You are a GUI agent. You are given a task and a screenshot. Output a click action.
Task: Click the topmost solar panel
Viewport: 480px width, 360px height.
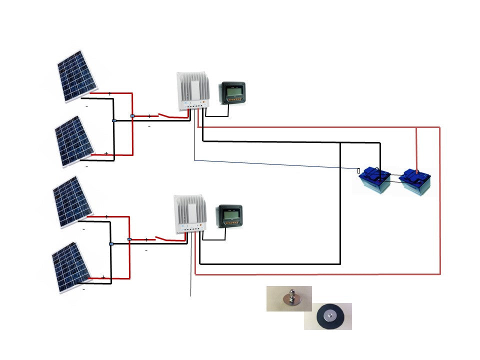79,76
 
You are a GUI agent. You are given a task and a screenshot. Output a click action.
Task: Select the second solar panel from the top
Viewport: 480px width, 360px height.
76,141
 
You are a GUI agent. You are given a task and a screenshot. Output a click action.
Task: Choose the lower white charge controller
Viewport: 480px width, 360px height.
189,214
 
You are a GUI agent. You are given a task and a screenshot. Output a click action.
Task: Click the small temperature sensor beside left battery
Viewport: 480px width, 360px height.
358,170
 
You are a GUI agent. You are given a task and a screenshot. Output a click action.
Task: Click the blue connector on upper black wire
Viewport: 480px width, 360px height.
114,121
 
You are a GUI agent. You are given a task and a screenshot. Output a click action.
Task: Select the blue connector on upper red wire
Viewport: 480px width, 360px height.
132,116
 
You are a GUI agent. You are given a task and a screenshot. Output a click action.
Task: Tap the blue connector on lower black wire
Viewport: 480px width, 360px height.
111,244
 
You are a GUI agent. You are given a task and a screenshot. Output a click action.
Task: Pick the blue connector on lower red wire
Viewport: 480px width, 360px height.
129,239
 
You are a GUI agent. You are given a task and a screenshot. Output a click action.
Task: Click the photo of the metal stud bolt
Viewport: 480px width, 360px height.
289,298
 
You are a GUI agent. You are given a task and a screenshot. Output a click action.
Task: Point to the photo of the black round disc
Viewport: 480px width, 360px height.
327,316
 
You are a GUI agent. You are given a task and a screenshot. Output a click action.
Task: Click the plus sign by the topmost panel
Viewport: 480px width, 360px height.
109,93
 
